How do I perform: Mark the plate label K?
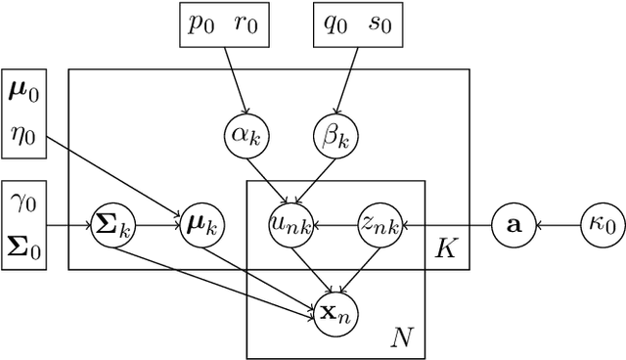click(x=446, y=249)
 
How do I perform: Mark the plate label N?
click(x=402, y=338)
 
